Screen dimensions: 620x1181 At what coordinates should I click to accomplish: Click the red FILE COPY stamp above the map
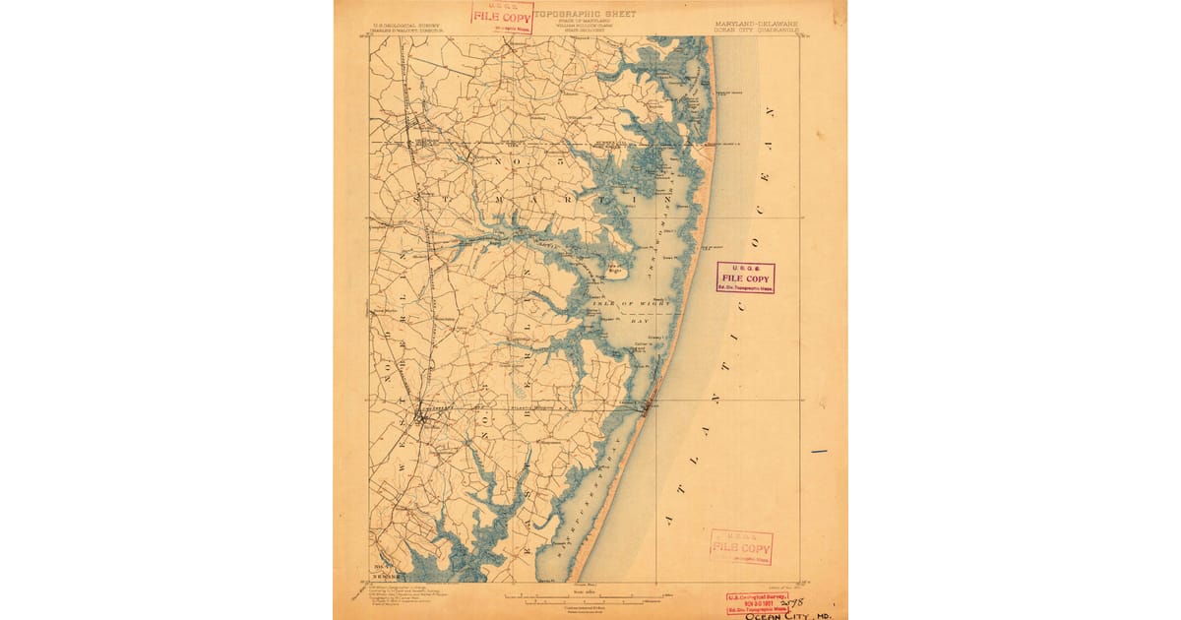click(x=502, y=16)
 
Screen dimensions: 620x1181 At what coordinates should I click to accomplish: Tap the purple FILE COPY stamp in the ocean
click(x=745, y=278)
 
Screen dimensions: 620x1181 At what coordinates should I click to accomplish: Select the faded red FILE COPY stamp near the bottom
click(x=741, y=547)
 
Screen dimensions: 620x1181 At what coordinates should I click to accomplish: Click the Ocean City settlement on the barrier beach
click(x=648, y=403)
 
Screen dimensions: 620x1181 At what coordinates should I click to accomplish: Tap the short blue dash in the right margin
click(x=818, y=452)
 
